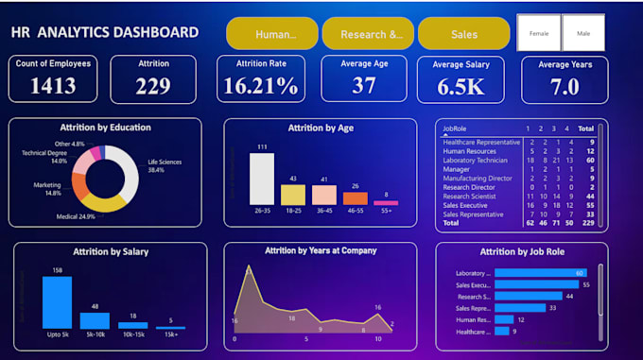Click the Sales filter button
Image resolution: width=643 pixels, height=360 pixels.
tap(464, 34)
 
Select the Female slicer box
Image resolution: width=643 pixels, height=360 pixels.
tap(539, 33)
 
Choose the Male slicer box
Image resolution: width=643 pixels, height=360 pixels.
tap(584, 33)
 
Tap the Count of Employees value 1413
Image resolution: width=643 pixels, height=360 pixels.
tap(53, 86)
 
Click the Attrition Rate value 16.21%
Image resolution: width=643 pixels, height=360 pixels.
tap(260, 86)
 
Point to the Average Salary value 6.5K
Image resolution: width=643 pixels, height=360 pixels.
tap(461, 86)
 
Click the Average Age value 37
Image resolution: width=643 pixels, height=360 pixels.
tap(364, 86)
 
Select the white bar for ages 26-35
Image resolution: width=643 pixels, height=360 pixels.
tap(262, 179)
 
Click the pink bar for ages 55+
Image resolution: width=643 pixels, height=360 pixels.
tap(386, 202)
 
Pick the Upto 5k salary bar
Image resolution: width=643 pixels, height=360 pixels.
tap(58, 302)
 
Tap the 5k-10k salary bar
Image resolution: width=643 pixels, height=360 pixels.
tap(95, 320)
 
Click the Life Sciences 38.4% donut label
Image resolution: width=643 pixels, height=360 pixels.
tap(164, 165)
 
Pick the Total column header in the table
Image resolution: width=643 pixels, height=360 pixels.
tap(586, 128)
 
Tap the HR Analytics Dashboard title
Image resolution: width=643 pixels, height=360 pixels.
tap(105, 33)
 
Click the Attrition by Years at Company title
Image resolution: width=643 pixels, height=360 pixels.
tap(321, 250)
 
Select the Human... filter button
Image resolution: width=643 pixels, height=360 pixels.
tap(271, 34)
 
